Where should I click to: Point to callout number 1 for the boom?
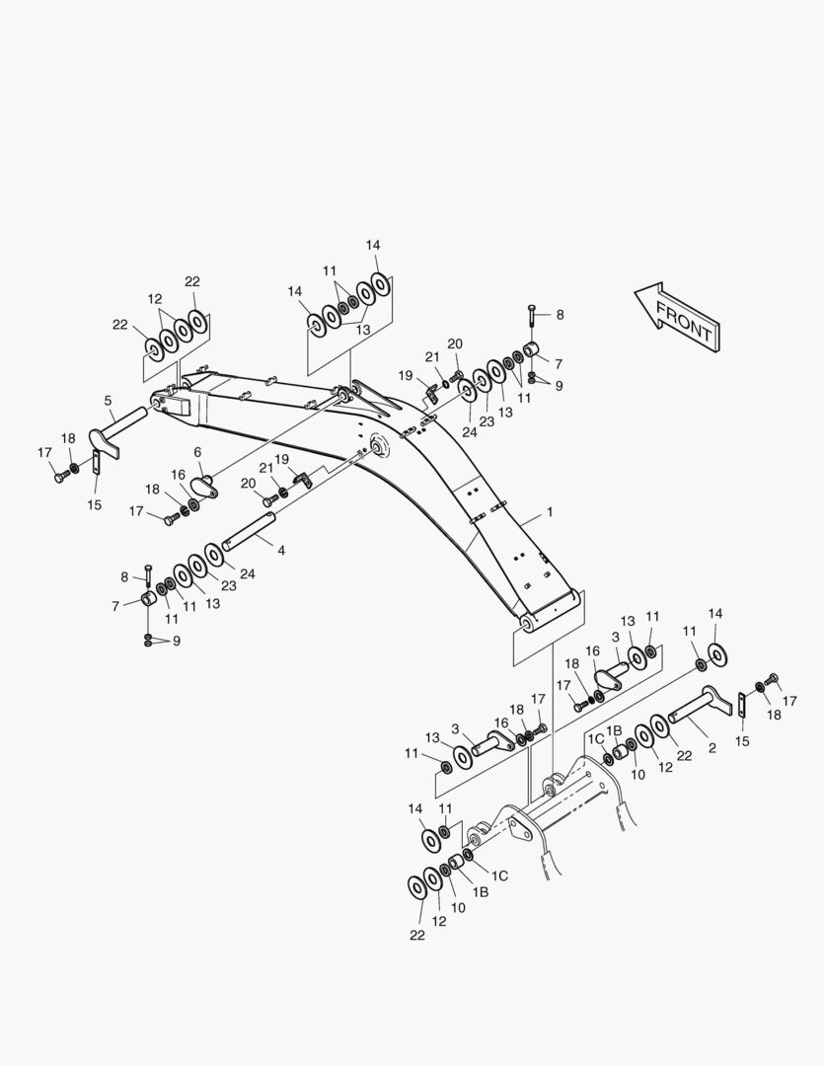[x=550, y=513]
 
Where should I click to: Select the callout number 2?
[x=712, y=748]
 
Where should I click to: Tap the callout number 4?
[x=281, y=550]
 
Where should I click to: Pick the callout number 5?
[x=108, y=401]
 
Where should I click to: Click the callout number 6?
[x=197, y=452]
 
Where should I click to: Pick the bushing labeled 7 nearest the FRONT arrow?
[x=532, y=350]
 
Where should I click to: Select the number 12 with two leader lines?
[x=155, y=298]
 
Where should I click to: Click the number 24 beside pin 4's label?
[x=247, y=573]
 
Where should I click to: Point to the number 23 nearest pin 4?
[x=229, y=585]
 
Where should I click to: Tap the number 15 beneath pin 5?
[x=94, y=505]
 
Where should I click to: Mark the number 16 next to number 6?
[x=179, y=474]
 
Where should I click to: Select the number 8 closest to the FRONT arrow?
[x=560, y=315]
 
